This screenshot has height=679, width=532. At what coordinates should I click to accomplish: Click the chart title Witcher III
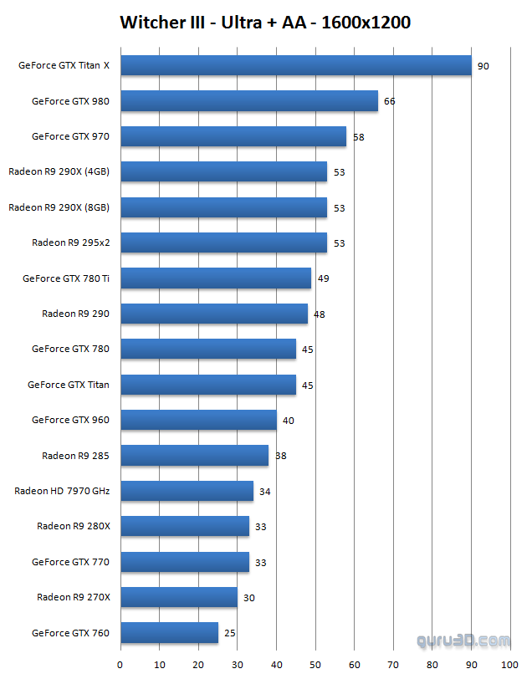pyautogui.click(x=265, y=23)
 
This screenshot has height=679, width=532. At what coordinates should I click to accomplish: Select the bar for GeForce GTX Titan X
pyautogui.click(x=296, y=65)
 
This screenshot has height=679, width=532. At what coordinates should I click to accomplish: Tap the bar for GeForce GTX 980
pyautogui.click(x=249, y=101)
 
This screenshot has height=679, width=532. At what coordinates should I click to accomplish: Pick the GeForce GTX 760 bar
pyautogui.click(x=170, y=633)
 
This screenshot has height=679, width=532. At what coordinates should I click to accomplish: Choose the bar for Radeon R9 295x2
pyautogui.click(x=224, y=242)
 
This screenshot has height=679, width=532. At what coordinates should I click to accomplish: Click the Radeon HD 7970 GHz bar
pyautogui.click(x=187, y=491)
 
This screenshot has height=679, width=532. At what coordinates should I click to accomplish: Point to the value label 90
pyautogui.click(x=483, y=66)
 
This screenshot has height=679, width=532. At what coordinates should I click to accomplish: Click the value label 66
pyautogui.click(x=389, y=101)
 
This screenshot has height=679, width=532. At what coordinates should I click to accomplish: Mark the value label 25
pyautogui.click(x=229, y=633)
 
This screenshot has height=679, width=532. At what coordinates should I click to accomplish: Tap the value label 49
pyautogui.click(x=323, y=278)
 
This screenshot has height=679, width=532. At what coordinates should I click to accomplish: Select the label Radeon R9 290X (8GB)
pyautogui.click(x=59, y=207)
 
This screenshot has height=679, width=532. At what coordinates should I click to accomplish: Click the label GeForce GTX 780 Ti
pyautogui.click(x=66, y=278)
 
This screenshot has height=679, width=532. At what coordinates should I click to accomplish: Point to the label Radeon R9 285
pyautogui.click(x=76, y=456)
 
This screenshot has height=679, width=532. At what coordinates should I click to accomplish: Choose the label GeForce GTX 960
pyautogui.click(x=70, y=420)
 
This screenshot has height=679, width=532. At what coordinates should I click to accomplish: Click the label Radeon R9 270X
pyautogui.click(x=74, y=597)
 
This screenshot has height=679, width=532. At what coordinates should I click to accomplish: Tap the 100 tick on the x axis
pyautogui.click(x=509, y=665)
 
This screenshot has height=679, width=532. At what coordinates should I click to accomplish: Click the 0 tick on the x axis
pyautogui.click(x=120, y=665)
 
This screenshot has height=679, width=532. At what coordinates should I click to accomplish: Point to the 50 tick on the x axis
pyautogui.click(x=315, y=665)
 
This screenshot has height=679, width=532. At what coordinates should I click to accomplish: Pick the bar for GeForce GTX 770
pyautogui.click(x=185, y=562)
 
